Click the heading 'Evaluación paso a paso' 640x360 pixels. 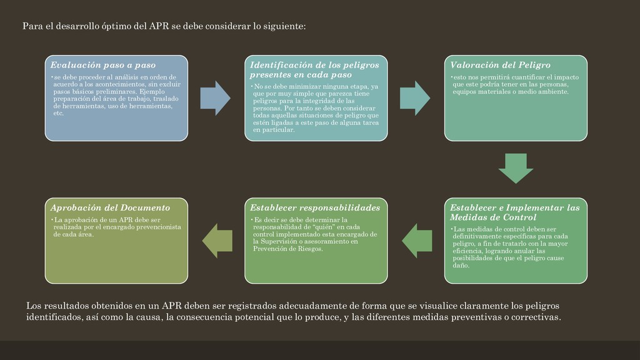click(x=103, y=65)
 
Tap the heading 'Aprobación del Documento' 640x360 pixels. click(x=110, y=207)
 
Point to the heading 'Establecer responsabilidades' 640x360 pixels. click(x=315, y=207)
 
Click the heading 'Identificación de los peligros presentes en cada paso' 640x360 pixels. click(x=314, y=69)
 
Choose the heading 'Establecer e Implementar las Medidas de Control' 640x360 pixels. click(x=514, y=212)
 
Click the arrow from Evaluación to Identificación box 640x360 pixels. click(x=215, y=98)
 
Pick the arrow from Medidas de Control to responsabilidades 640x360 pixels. click(x=416, y=241)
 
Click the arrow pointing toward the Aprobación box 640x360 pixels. click(x=216, y=241)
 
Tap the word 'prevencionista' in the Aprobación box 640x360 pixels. click(x=162, y=227)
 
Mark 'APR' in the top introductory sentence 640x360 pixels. click(x=159, y=26)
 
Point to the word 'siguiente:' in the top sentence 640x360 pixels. click(x=284, y=26)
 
